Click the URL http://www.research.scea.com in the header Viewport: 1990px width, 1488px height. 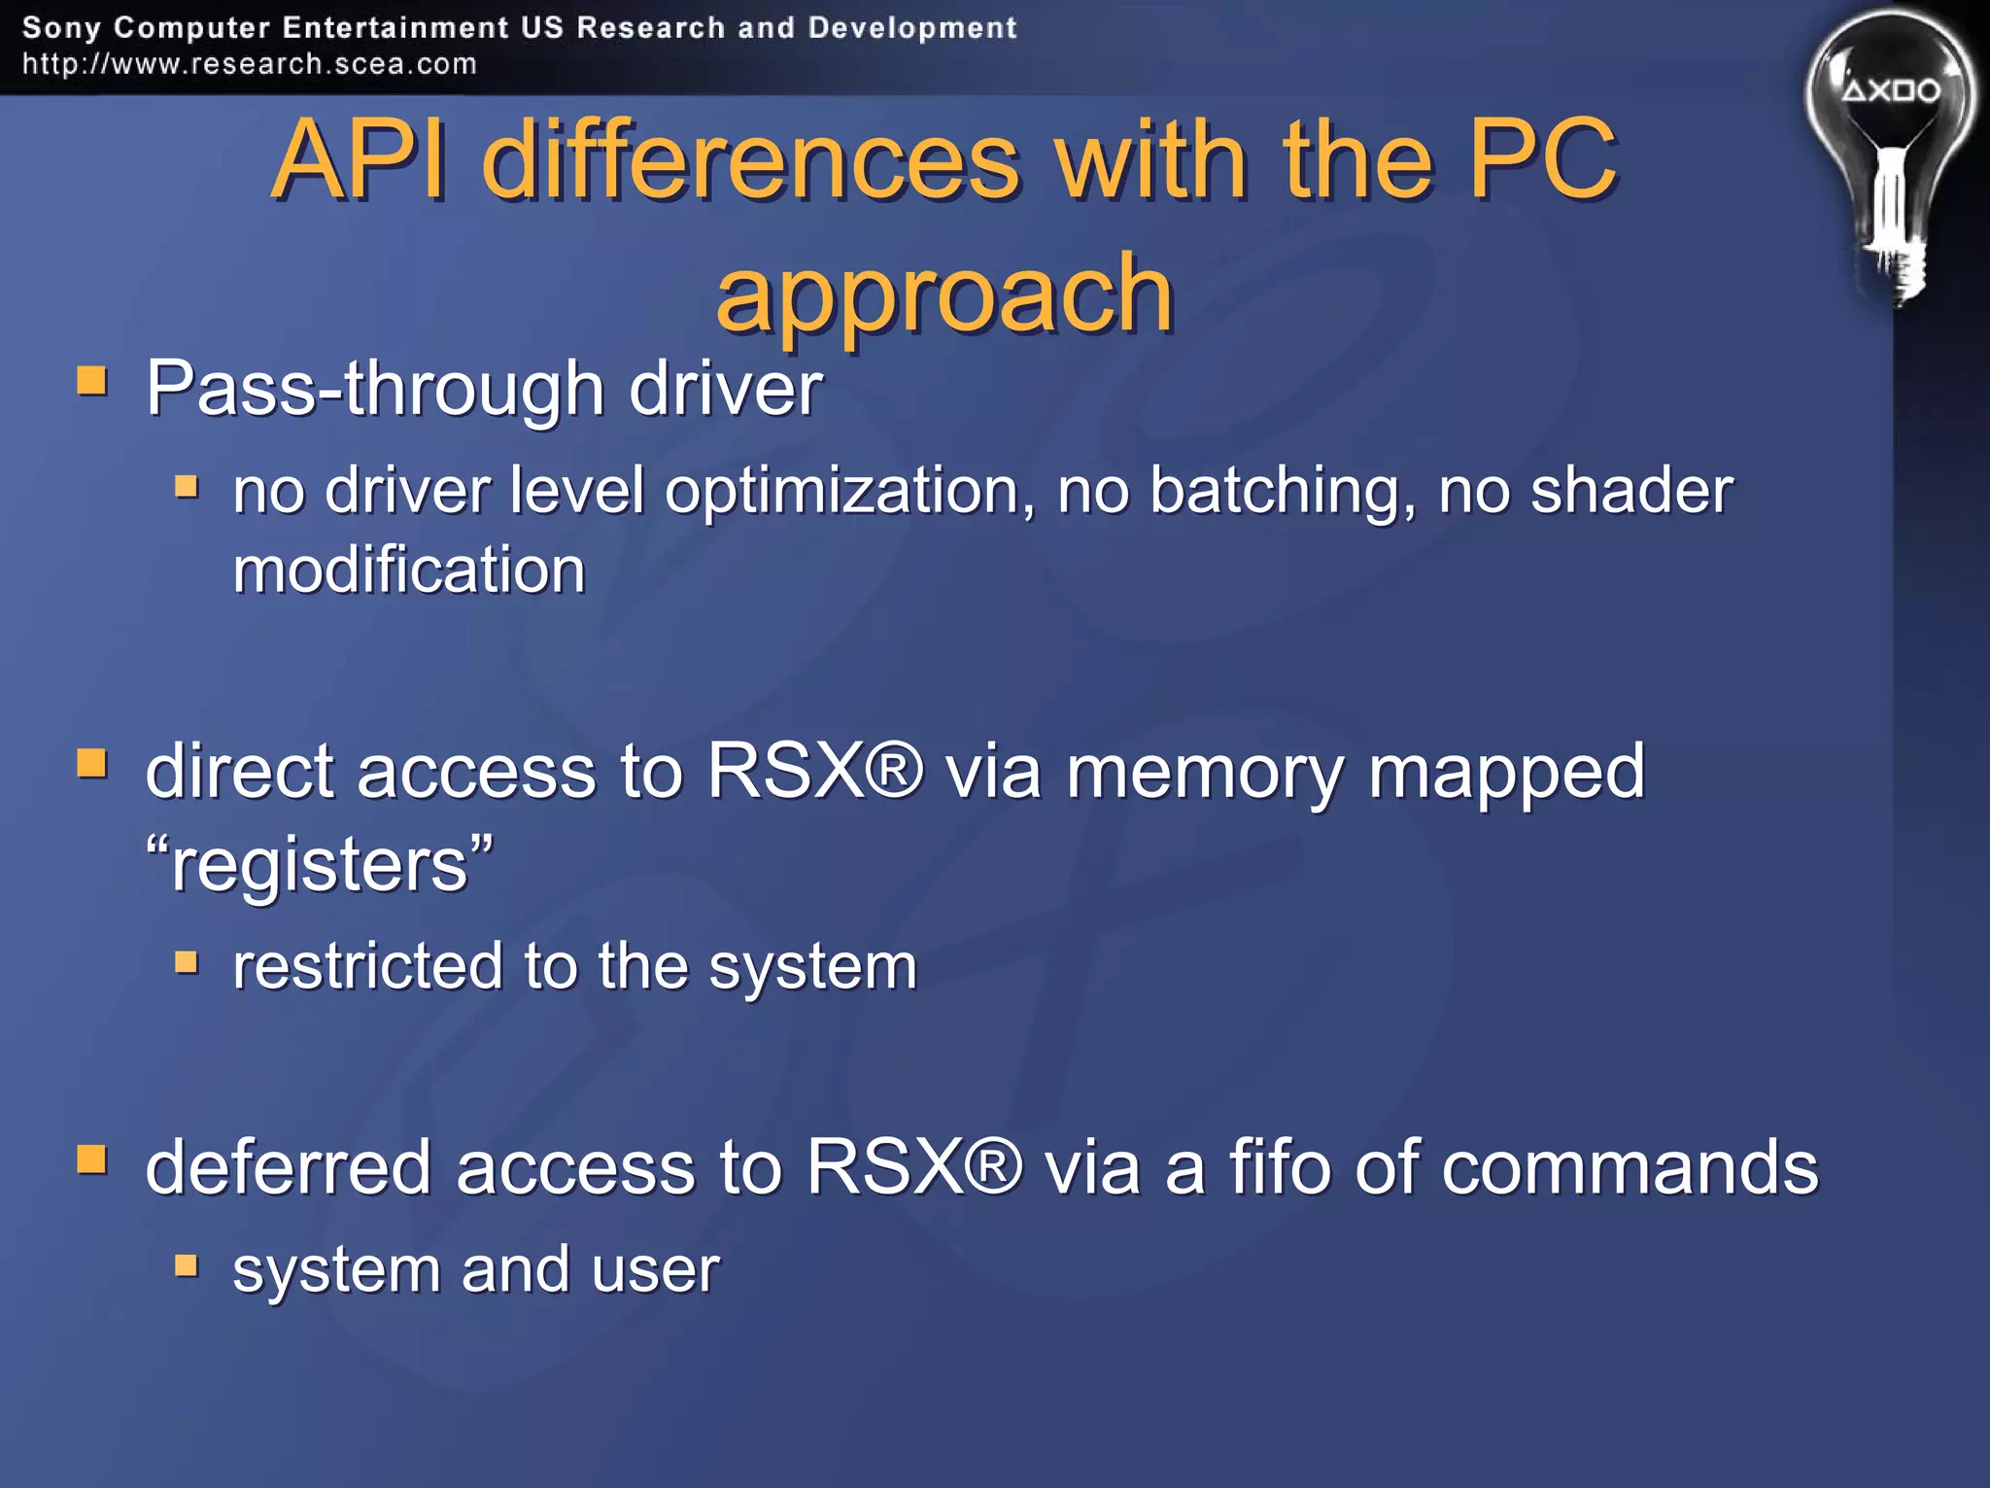pyautogui.click(x=250, y=64)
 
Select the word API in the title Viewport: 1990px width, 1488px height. pyautogui.click(x=360, y=159)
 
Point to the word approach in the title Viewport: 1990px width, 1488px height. pyautogui.click(x=944, y=293)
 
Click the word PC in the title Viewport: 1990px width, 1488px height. pyautogui.click(x=1543, y=159)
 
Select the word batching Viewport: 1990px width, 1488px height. pyautogui.click(x=1282, y=490)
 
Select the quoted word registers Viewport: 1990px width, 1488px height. pyautogui.click(x=320, y=864)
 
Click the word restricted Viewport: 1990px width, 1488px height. pyautogui.click(x=368, y=966)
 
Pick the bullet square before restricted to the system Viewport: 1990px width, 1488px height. pyautogui.click(x=187, y=962)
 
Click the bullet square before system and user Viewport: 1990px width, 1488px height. pyautogui.click(x=187, y=1265)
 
